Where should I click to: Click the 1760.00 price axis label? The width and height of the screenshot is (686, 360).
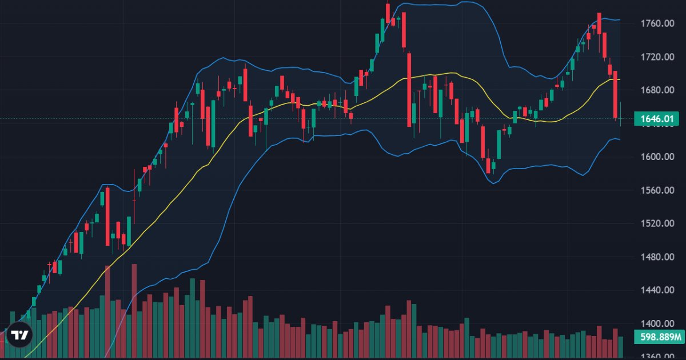click(x=655, y=23)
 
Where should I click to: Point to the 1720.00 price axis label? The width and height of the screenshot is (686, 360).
click(x=655, y=57)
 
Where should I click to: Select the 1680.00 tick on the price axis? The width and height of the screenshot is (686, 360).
click(x=655, y=90)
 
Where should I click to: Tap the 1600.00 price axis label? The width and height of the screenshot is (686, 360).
click(x=655, y=157)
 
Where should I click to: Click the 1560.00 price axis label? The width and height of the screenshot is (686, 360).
click(x=655, y=190)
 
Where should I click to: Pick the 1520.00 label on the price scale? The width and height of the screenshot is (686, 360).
click(x=655, y=223)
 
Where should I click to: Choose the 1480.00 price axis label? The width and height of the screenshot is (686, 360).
click(x=655, y=257)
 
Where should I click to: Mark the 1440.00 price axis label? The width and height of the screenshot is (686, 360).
click(x=655, y=290)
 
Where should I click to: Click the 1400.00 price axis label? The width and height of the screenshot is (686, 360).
click(x=655, y=323)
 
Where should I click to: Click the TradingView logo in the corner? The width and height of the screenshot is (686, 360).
click(x=20, y=335)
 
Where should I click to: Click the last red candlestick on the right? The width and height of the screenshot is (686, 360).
click(x=615, y=94)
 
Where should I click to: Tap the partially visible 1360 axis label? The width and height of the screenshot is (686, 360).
click(x=655, y=356)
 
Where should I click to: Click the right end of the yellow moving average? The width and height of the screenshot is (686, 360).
click(x=620, y=79)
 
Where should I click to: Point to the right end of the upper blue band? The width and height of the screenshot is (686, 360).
click(x=620, y=20)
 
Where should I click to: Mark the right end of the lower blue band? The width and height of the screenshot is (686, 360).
click(x=620, y=139)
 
